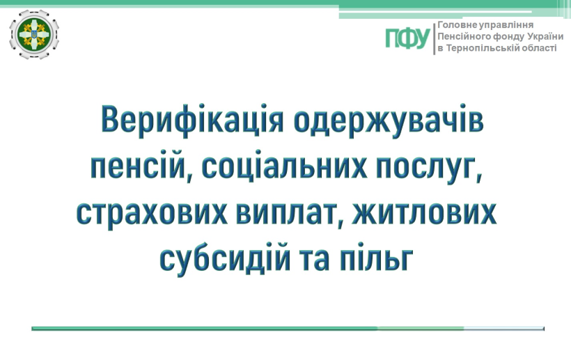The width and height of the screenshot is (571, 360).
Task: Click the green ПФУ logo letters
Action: coord(408,38)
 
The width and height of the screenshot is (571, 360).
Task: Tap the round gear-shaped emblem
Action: coord(34,34)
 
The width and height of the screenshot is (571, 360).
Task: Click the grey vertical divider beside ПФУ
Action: coord(434,39)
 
